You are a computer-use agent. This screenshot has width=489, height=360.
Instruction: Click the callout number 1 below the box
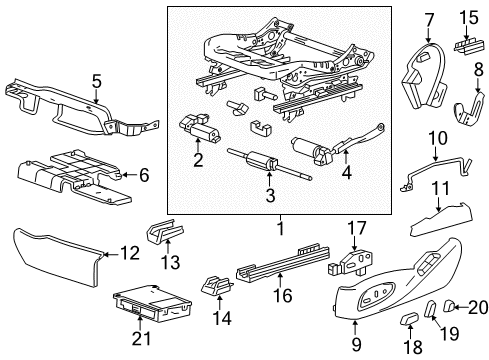pyautogui.click(x=281, y=227)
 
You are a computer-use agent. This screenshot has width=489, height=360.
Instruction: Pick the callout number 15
pyautogui.click(x=469, y=17)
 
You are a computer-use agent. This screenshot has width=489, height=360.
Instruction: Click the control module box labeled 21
pyautogui.click(x=140, y=303)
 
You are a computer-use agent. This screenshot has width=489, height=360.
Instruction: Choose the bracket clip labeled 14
pyautogui.click(x=213, y=287)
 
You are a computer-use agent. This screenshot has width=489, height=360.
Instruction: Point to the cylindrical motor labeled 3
pyautogui.click(x=264, y=162)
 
